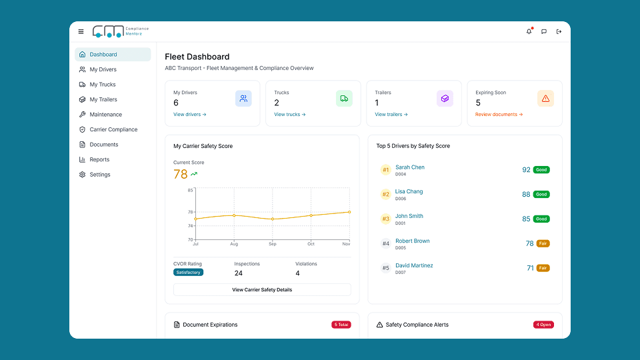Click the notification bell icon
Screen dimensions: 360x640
(x=529, y=31)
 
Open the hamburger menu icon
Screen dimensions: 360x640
(x=81, y=31)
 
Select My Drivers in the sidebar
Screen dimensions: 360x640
(x=103, y=69)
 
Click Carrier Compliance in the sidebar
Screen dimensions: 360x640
(x=113, y=129)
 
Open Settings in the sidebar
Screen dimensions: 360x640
(x=100, y=175)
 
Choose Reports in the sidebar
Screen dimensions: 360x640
(x=99, y=159)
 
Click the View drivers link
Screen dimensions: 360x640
(x=189, y=115)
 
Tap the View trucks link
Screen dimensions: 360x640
(x=289, y=115)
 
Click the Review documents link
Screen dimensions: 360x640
(x=499, y=115)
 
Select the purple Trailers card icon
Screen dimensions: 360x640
(x=445, y=99)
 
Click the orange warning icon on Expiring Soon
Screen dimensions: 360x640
(x=545, y=99)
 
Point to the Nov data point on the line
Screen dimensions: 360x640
(x=349, y=212)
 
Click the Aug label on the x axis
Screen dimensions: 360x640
(x=233, y=245)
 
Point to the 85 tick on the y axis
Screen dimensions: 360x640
(x=190, y=191)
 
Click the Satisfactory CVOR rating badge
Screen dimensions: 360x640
(x=188, y=273)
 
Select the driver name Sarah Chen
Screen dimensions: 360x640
(x=409, y=167)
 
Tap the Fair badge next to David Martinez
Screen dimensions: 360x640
(x=543, y=268)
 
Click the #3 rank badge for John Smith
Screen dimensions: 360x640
(x=385, y=219)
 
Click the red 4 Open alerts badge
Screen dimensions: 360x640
(x=543, y=325)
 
